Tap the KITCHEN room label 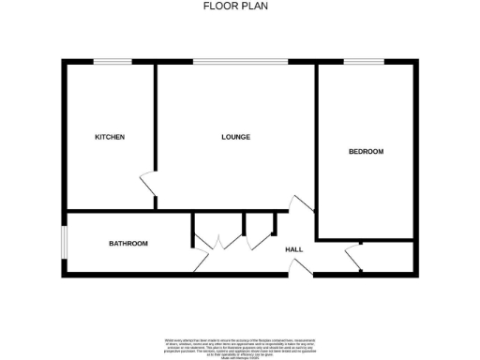pos(110,137)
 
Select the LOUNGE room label pos(235,137)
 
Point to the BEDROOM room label pos(366,151)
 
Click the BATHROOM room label pos(128,244)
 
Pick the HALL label pos(293,249)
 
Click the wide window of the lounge pos(241,63)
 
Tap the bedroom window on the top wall pos(364,63)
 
